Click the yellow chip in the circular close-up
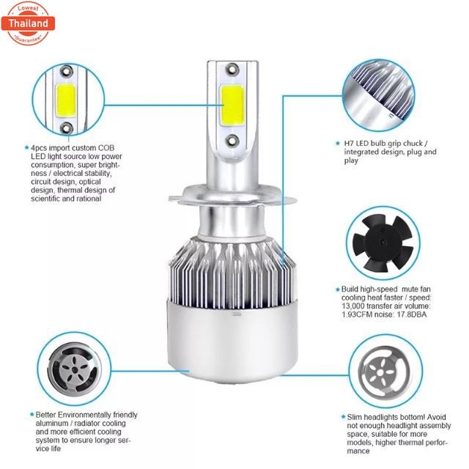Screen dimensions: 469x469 (x=65, y=96)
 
